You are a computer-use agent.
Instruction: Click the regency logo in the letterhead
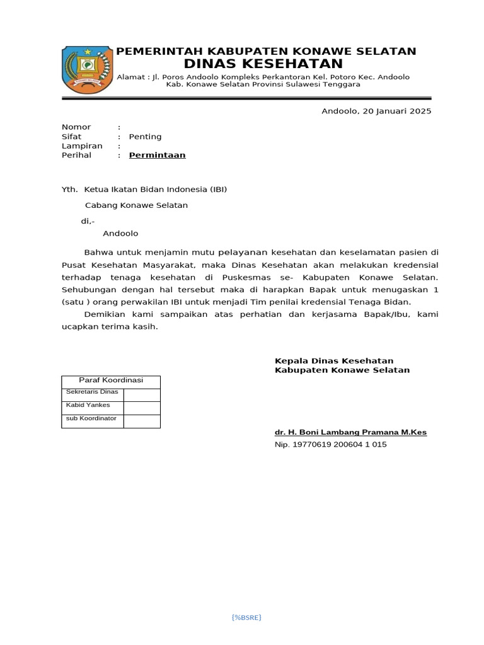pos(87,69)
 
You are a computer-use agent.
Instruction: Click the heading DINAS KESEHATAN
pos(263,64)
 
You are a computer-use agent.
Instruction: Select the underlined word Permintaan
pos(157,155)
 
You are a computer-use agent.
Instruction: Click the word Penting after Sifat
pos(145,137)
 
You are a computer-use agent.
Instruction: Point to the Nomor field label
pos(76,127)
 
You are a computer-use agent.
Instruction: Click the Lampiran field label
pos(82,146)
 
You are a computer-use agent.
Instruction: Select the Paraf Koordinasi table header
pos(111,380)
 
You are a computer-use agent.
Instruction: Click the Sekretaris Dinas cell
pos(92,392)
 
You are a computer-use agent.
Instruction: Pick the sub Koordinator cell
pos(91,418)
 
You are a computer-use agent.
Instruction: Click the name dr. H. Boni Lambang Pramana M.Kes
pos(350,432)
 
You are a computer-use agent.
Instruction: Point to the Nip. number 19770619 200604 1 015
pos(330,445)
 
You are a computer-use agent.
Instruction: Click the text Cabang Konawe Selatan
pos(136,205)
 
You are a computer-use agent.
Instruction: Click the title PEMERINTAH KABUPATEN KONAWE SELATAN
pos(267,51)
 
